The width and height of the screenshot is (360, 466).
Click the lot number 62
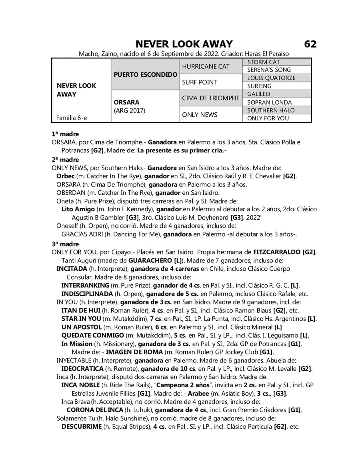click(x=310, y=44)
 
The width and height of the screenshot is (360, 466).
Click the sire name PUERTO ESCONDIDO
click(x=146, y=74)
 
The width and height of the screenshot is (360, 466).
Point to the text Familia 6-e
click(x=72, y=118)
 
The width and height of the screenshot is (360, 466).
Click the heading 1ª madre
click(x=65, y=134)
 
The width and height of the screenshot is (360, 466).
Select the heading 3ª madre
click(x=65, y=244)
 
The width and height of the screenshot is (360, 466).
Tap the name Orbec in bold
click(x=65, y=176)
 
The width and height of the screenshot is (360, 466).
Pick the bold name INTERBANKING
click(x=85, y=285)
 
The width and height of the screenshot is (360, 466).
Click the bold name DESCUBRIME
click(x=82, y=426)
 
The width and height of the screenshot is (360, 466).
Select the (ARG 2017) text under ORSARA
click(x=129, y=110)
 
